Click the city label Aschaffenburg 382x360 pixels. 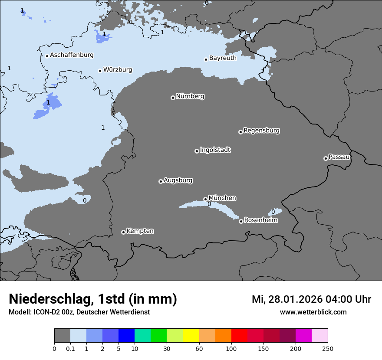(x=72, y=55)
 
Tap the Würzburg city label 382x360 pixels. (x=118, y=70)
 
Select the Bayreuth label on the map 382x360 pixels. (x=223, y=58)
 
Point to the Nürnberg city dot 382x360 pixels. (x=173, y=98)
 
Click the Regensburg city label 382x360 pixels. (x=261, y=131)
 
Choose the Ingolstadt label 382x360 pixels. (x=215, y=150)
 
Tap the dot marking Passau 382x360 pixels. (x=326, y=158)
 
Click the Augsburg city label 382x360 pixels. (x=178, y=180)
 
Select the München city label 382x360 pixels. (x=222, y=198)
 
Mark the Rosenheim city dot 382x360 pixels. (x=241, y=222)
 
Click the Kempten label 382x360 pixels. (x=140, y=231)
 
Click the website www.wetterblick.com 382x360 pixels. (x=313, y=312)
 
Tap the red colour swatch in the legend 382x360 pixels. (x=239, y=336)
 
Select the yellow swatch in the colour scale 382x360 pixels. (x=191, y=336)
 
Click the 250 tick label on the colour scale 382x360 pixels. (x=328, y=348)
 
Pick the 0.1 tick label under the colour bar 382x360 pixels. (x=70, y=348)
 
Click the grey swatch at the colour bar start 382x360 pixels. (x=62, y=336)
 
